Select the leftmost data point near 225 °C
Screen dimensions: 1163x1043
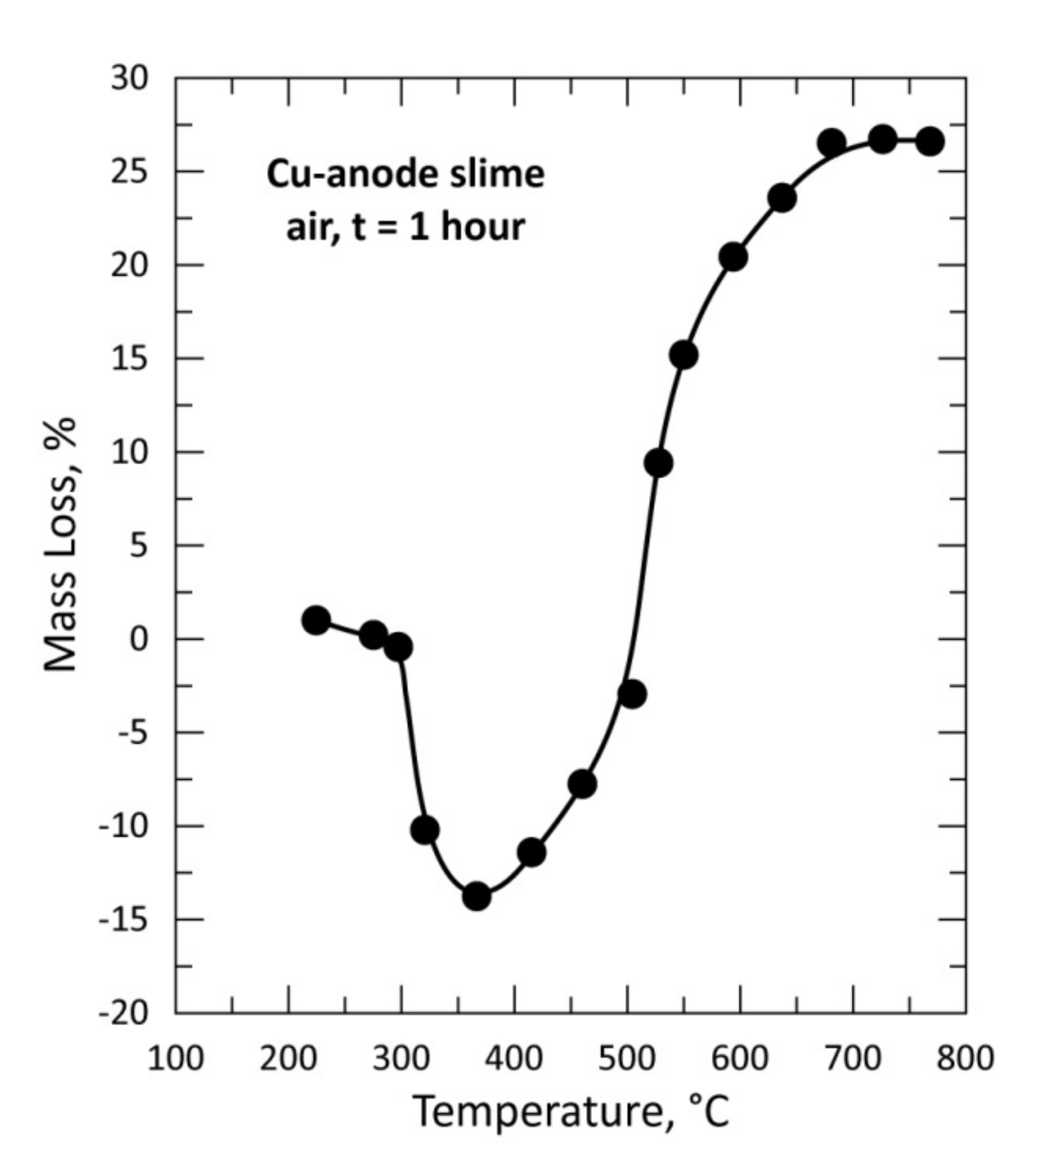pos(316,620)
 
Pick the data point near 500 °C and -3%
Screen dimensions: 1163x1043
pos(632,693)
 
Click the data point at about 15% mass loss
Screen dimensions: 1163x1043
pos(684,355)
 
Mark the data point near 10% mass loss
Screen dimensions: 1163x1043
pos(659,463)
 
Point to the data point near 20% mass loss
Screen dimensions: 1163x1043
pos(734,257)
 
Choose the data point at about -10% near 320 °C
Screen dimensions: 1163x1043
pos(425,830)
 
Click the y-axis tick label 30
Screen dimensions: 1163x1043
pos(129,78)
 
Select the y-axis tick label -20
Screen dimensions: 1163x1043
pos(123,1013)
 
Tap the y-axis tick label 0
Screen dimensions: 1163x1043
pos(139,639)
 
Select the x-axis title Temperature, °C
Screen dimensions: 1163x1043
pos(571,1112)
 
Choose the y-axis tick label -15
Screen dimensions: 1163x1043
pos(123,920)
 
